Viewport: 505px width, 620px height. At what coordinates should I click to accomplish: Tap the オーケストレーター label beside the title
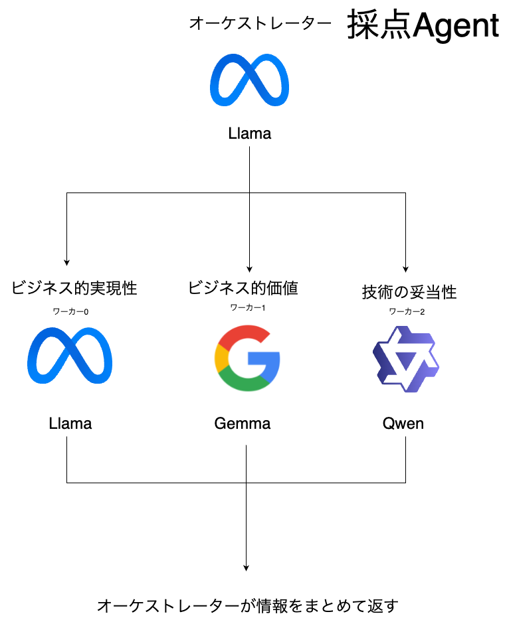(260, 24)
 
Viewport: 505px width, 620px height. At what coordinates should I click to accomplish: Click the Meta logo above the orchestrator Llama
(249, 79)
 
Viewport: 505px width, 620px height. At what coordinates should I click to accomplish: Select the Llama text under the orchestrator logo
(249, 133)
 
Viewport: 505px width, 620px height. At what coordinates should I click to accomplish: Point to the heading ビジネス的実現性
(74, 288)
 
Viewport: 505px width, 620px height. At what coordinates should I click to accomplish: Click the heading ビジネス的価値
(243, 288)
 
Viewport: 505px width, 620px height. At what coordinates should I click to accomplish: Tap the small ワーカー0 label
(71, 310)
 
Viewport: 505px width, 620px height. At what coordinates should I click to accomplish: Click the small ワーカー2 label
(406, 311)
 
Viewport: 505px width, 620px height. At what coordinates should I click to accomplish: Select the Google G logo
(247, 358)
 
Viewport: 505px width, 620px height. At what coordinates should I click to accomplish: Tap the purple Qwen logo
(405, 359)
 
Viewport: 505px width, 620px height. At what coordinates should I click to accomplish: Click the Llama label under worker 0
(70, 424)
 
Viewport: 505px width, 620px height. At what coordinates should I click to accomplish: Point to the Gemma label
(243, 424)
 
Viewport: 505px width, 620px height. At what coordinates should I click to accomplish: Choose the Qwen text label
(403, 424)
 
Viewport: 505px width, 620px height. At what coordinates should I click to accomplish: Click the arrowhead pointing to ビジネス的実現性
(66, 262)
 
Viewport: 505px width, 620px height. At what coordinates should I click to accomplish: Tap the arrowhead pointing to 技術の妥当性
(405, 266)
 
